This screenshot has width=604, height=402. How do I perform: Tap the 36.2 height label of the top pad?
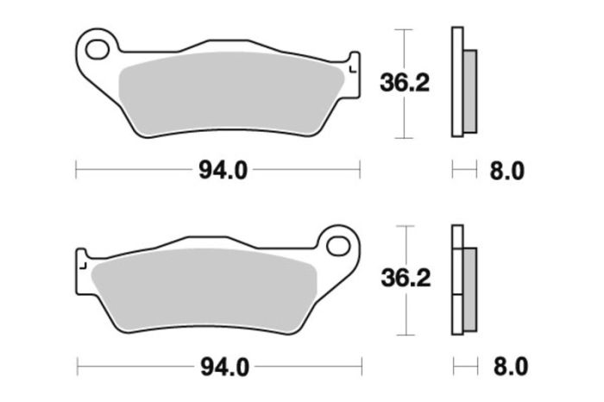(405, 84)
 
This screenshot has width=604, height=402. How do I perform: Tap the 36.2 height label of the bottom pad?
(405, 279)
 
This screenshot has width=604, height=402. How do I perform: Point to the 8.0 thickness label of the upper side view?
(506, 170)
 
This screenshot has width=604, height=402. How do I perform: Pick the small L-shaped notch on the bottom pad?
(85, 263)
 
